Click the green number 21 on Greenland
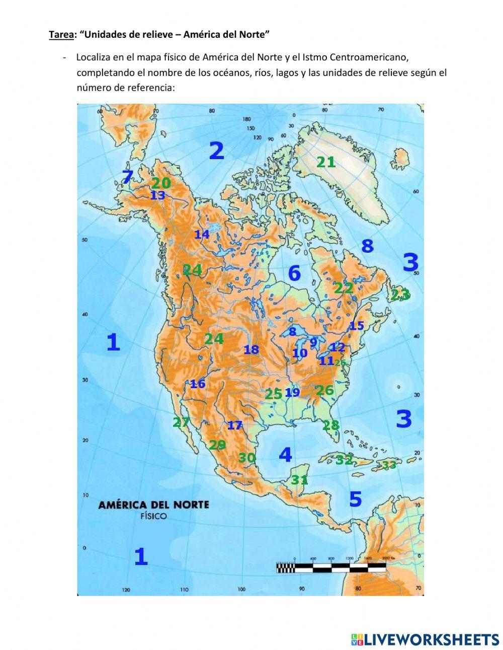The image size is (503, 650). tap(326, 162)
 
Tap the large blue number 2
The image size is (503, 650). tap(216, 151)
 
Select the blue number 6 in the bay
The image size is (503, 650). tap(294, 273)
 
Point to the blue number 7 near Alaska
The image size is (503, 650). tap(128, 177)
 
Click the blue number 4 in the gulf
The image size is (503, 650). tap(285, 455)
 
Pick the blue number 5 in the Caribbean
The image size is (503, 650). tap(355, 499)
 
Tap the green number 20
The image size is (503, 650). tap(161, 184)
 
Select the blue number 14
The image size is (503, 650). tap(202, 235)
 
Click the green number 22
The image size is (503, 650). tap(344, 288)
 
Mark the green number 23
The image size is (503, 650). tap(400, 294)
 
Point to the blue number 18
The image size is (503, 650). tap(251, 349)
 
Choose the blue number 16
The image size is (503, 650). tap(197, 384)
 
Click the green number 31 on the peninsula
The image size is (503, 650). tap(299, 480)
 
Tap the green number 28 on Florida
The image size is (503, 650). tap(331, 425)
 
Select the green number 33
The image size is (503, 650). tap(389, 465)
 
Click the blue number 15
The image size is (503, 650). tap(357, 326)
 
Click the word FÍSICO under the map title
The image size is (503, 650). tap(153, 516)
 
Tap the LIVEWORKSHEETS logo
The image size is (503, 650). tap(425, 639)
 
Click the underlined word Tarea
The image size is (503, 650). tap(60, 35)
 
